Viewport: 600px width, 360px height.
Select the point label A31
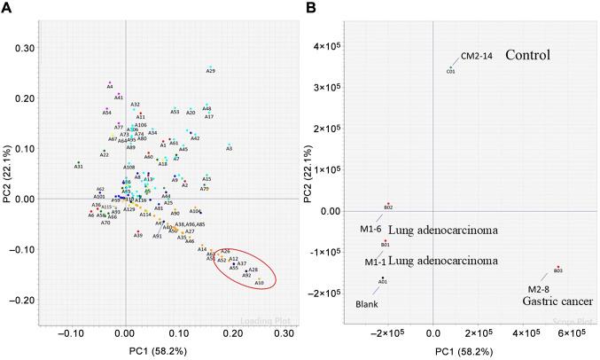(78, 167)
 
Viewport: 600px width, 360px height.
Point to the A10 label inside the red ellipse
(259, 283)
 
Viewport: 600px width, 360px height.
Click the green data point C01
(450, 67)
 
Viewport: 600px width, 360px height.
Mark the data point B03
(557, 267)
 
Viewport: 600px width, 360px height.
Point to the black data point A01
(383, 278)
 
